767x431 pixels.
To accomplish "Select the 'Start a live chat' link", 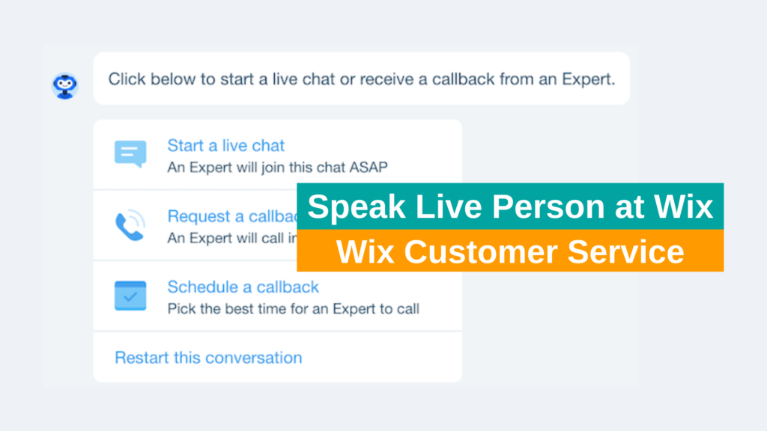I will [x=225, y=145].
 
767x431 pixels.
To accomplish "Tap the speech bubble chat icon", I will [x=130, y=153].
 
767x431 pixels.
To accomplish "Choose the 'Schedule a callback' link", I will [x=243, y=287].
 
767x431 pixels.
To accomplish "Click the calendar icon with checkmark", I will [x=130, y=296].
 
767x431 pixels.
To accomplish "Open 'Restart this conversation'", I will [x=208, y=358].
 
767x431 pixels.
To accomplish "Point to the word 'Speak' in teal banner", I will [x=351, y=207].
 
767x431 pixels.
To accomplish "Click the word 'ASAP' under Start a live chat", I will [x=369, y=167].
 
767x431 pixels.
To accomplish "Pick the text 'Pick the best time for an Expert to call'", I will [x=293, y=308].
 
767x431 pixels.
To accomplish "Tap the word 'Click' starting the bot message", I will [x=127, y=79].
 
